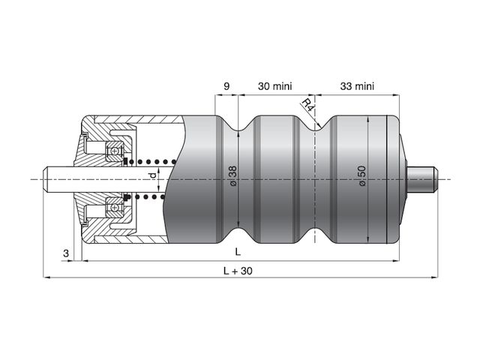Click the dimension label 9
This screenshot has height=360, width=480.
[226, 86]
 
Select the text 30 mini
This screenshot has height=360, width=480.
[275, 86]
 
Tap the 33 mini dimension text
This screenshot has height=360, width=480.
[357, 86]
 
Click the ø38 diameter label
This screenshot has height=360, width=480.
[233, 175]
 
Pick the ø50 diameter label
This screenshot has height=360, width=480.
[361, 175]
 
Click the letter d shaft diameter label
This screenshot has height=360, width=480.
[152, 175]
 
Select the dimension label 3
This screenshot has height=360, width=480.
[66, 253]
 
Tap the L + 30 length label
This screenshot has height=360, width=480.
[238, 271]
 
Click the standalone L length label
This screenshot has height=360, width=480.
[238, 252]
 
